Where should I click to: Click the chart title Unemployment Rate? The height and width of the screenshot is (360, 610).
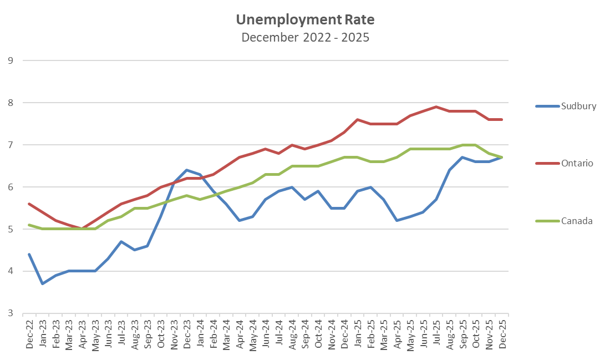click(x=305, y=20)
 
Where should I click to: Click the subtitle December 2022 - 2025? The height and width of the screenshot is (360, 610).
click(x=305, y=38)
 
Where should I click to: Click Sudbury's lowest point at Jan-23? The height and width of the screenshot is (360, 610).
click(x=42, y=283)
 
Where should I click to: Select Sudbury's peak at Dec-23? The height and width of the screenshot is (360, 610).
click(x=187, y=170)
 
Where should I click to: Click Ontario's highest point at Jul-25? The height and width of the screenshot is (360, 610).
click(x=436, y=107)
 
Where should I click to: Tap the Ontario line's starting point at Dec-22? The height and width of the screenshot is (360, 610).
click(x=29, y=204)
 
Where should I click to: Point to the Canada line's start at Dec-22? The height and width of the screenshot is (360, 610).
click(x=29, y=225)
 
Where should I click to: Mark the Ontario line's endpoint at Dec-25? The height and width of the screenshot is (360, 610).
click(x=502, y=119)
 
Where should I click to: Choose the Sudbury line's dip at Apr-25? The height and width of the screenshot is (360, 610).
click(x=397, y=220)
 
